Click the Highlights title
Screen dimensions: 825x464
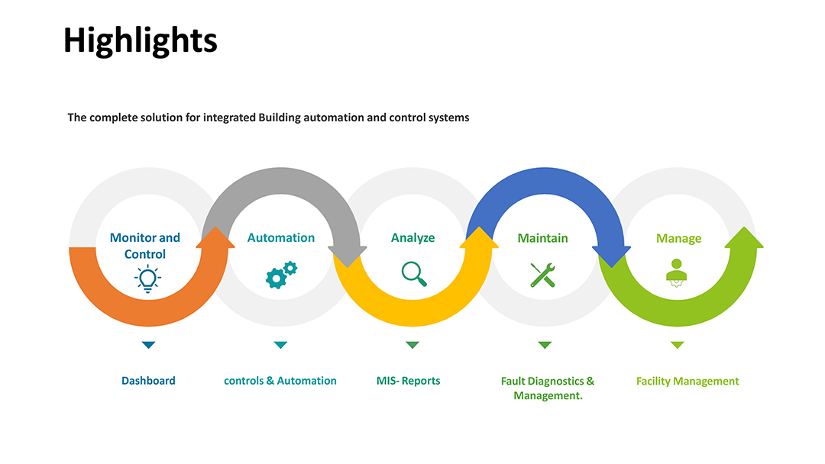tap(140, 41)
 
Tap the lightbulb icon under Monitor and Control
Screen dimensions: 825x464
tap(148, 279)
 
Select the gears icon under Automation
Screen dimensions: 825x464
tap(281, 275)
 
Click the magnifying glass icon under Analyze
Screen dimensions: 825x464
tap(414, 274)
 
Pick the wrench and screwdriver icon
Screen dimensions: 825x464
tap(543, 275)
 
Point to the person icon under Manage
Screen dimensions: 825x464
tap(677, 272)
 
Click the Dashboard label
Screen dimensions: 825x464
tap(148, 381)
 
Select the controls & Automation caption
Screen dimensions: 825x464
tap(280, 381)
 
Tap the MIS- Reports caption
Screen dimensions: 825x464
tap(408, 381)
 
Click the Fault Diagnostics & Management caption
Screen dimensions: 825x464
tap(548, 388)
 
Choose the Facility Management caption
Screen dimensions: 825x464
tap(687, 381)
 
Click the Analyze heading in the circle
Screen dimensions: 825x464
tap(413, 238)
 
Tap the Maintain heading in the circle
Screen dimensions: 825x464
tap(543, 238)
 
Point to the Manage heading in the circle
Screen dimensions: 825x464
tap(679, 239)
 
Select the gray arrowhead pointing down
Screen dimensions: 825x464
tap(348, 256)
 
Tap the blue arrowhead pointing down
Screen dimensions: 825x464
tap(611, 256)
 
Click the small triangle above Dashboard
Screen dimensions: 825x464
tap(148, 345)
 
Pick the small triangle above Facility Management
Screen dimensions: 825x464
tap(677, 345)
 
